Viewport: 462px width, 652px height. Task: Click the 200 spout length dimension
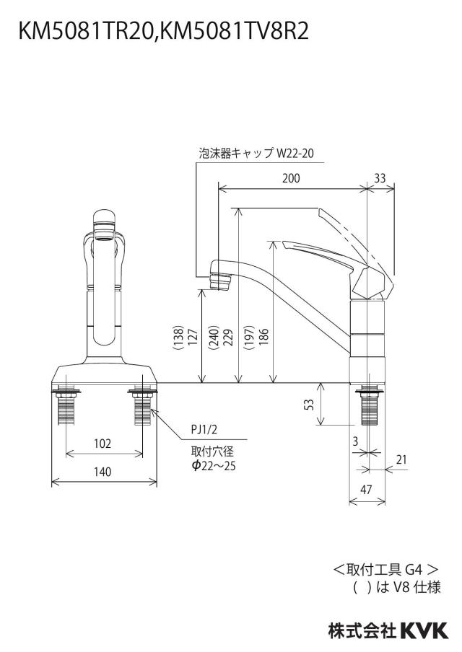pyautogui.click(x=291, y=178)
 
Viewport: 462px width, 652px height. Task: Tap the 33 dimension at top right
pyautogui.click(x=380, y=178)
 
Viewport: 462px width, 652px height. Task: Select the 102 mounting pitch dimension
pyautogui.click(x=103, y=444)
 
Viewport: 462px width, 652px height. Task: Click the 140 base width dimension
pyautogui.click(x=103, y=472)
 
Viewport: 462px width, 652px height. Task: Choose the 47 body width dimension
pyautogui.click(x=366, y=490)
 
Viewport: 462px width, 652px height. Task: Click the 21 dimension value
pyautogui.click(x=401, y=459)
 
